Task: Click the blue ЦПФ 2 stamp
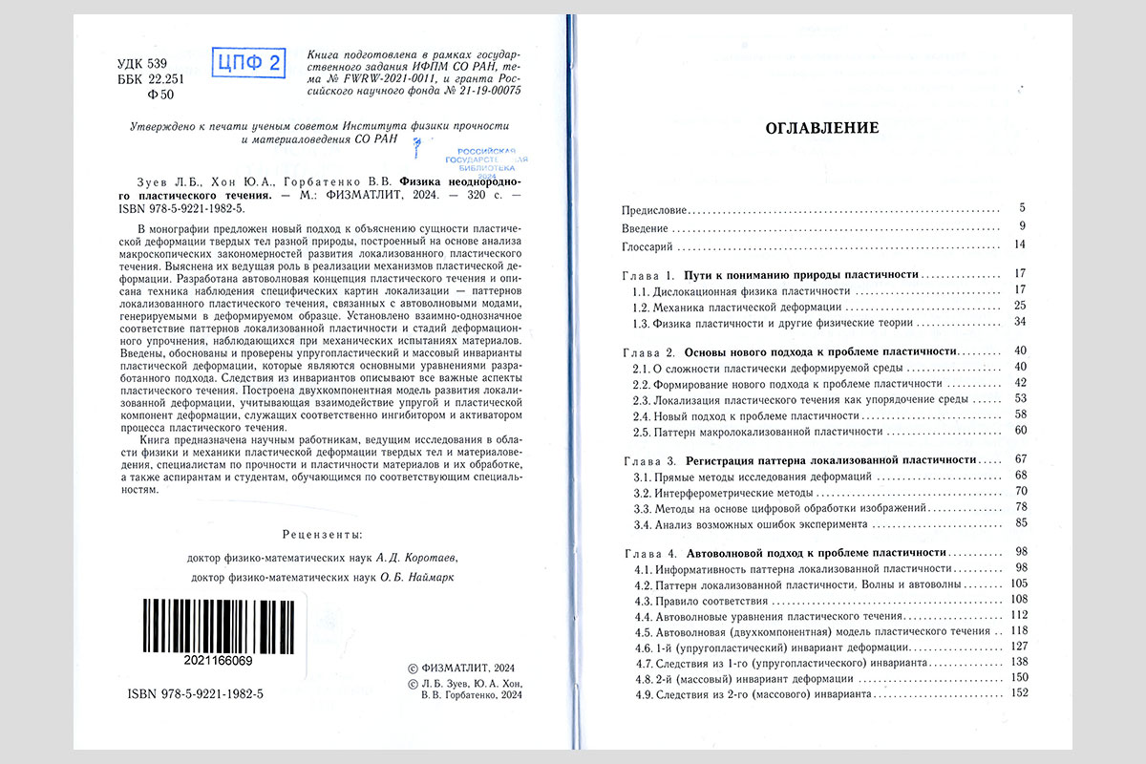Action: pyautogui.click(x=248, y=64)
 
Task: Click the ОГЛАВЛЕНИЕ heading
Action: pyautogui.click(x=822, y=128)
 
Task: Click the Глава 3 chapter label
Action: pyautogui.click(x=649, y=459)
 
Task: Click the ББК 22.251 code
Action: pyautogui.click(x=138, y=79)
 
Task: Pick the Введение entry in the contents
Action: pyautogui.click(x=645, y=227)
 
